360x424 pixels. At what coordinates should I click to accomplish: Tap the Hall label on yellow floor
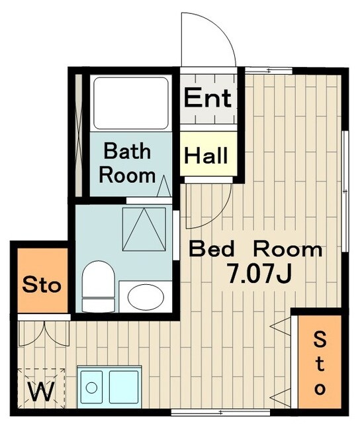tap(206, 156)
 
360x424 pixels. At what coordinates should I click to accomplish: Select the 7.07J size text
tap(259, 274)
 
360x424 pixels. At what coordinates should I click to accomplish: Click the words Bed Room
tap(255, 249)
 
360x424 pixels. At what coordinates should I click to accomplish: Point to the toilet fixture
tap(99, 287)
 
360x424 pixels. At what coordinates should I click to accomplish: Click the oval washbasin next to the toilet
tap(146, 297)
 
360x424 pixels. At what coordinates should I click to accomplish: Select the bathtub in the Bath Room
tap(131, 103)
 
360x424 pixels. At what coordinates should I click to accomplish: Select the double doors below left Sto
tap(44, 333)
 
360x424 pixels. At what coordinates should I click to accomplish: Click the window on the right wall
tap(345, 191)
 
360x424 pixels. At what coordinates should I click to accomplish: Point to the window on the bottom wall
tap(222, 412)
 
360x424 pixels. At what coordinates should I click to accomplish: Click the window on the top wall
tap(269, 71)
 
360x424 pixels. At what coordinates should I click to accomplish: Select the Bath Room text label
tap(127, 163)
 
